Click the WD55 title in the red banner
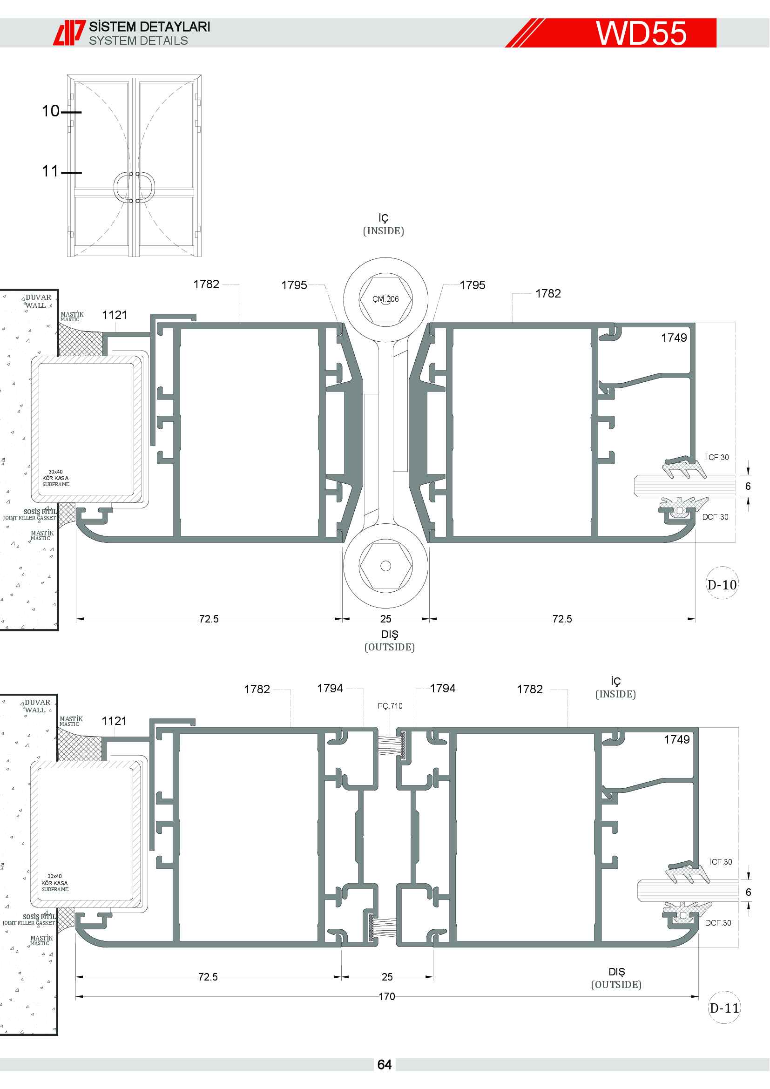(641, 33)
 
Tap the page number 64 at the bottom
(385, 1065)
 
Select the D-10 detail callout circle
(722, 583)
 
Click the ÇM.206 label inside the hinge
(385, 299)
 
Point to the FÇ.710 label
(390, 706)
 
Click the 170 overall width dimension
(387, 996)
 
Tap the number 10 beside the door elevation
(51, 111)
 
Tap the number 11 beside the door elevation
(50, 171)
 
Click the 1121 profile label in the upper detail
(115, 315)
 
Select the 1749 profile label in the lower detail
(676, 739)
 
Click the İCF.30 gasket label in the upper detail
(717, 457)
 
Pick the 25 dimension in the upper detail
(386, 619)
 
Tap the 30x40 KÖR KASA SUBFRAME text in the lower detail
(54, 883)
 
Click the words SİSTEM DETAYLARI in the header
(150, 27)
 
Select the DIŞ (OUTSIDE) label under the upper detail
(390, 640)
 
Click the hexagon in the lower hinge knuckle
(386, 565)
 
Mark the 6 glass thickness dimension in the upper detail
(748, 486)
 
